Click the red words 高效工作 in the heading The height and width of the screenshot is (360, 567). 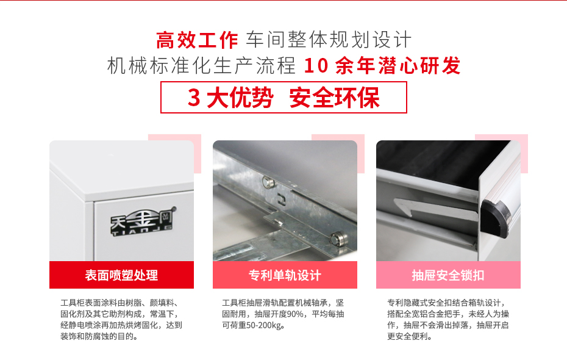point(197,40)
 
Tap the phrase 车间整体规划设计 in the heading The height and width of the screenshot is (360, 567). point(329,40)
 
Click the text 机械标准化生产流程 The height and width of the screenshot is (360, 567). point(201,66)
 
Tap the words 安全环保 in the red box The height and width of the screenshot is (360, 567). point(335,98)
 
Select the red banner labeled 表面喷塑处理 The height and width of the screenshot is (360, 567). point(121,275)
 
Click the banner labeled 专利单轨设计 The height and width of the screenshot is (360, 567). point(285,275)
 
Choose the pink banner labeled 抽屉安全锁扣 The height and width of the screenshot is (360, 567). point(448,275)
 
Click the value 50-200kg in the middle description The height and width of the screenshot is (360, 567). point(259,325)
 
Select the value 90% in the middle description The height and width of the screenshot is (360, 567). point(295,314)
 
